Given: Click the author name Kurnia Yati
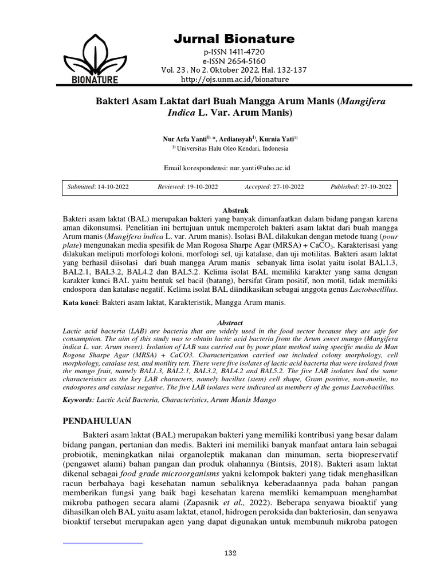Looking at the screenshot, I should pos(278,138).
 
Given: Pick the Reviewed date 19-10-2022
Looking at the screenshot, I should pos(201,187).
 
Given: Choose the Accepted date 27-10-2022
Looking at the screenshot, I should pos(286,187).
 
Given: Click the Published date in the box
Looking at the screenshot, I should pos(375,187).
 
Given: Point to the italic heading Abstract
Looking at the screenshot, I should pos(227,323).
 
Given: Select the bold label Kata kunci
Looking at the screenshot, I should pos(81,302).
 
